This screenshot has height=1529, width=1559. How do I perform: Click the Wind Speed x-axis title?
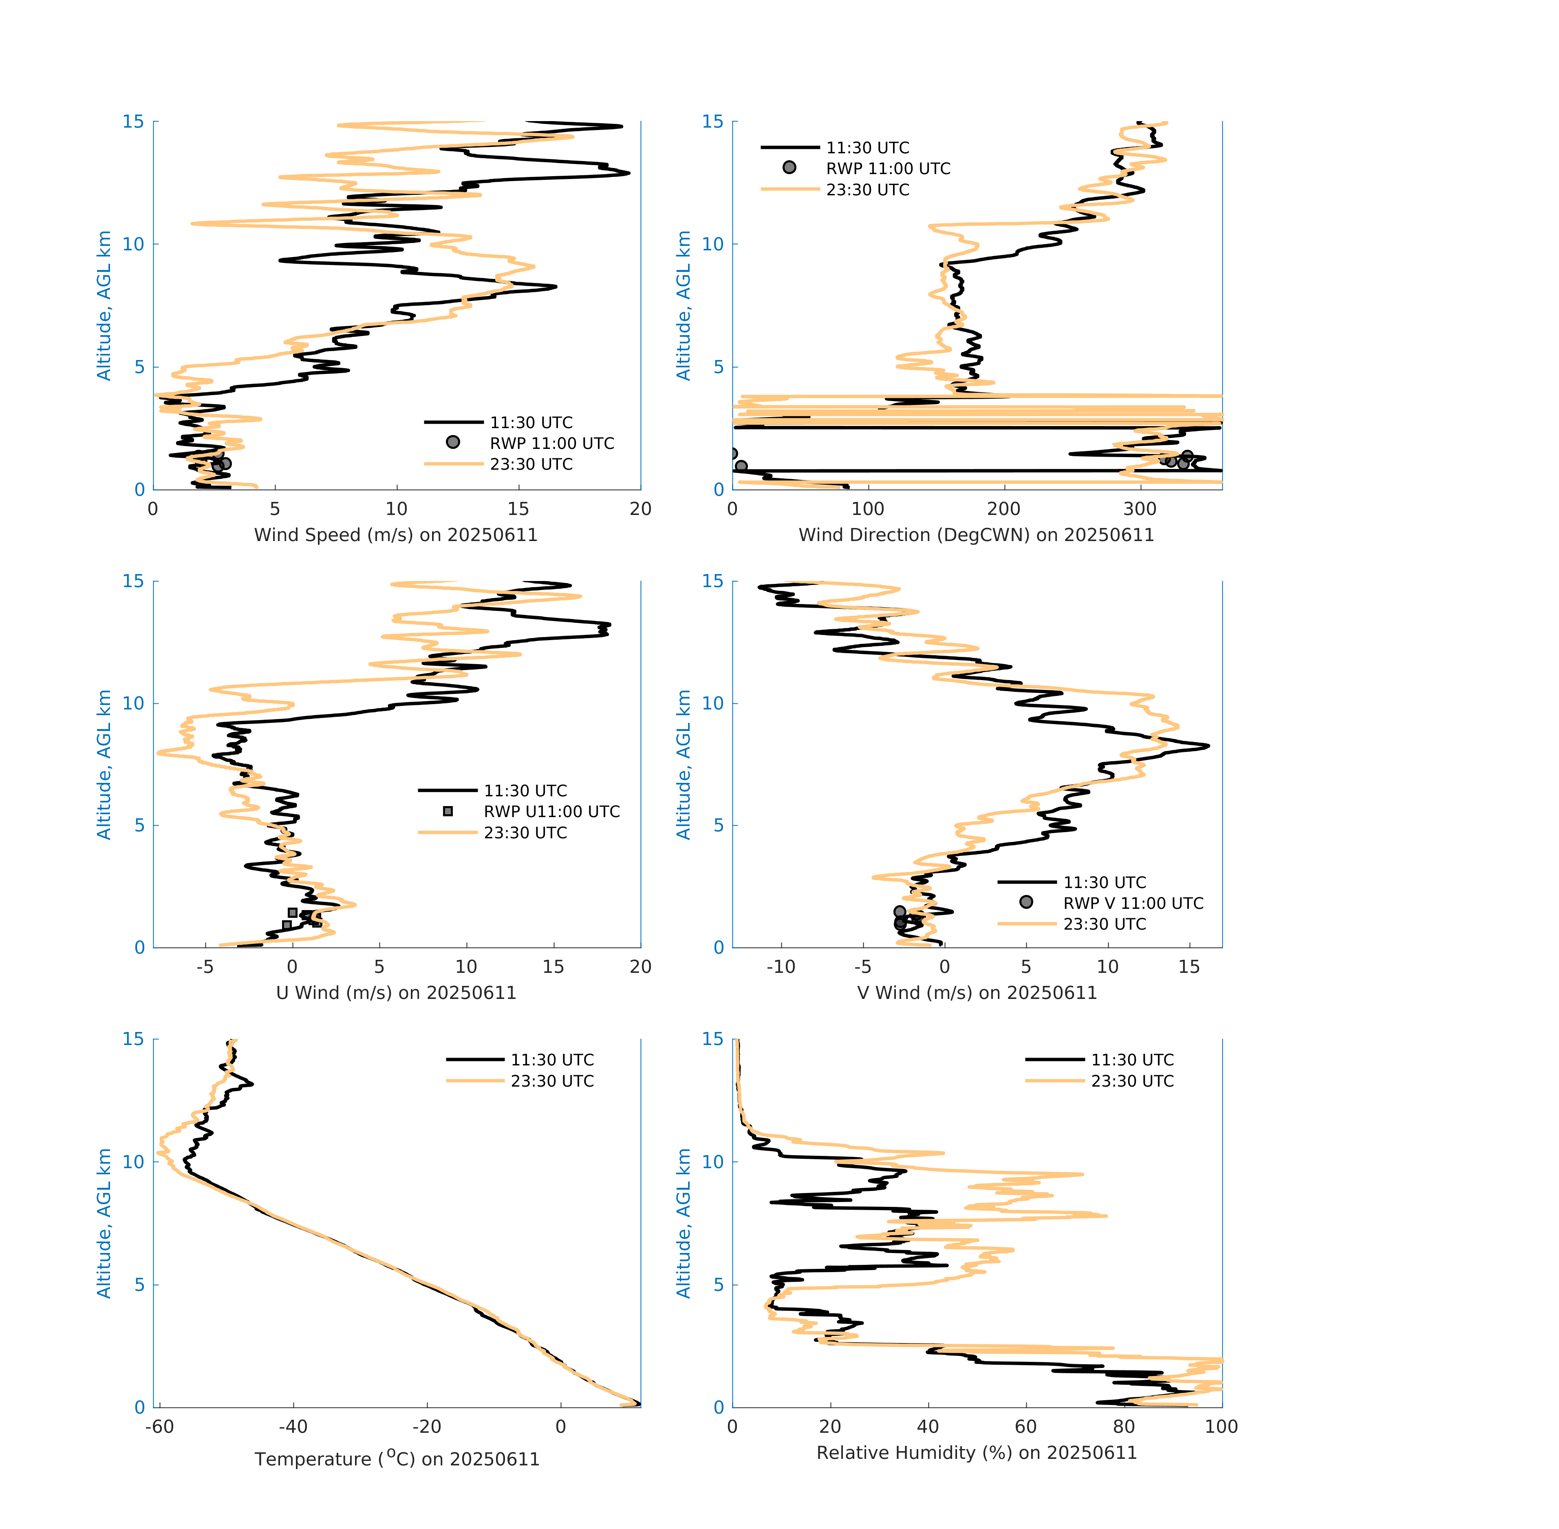click(396, 535)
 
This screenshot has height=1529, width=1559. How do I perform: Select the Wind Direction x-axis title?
click(976, 535)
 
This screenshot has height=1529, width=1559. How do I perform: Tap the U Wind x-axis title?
click(396, 992)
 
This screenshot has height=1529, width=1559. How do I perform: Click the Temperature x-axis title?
click(397, 1458)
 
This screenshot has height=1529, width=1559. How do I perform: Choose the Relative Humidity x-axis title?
click(976, 1452)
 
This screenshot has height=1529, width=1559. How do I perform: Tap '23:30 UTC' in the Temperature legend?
click(552, 1081)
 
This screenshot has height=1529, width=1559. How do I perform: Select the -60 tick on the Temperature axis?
click(160, 1426)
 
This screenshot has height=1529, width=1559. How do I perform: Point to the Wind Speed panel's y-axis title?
click(104, 305)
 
